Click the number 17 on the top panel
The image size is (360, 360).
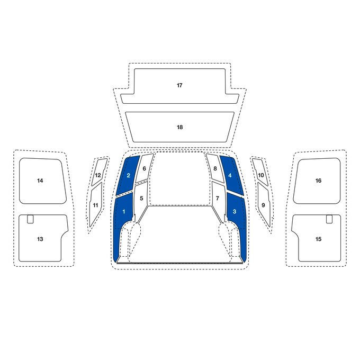coord(179,85)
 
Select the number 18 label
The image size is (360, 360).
coord(180,127)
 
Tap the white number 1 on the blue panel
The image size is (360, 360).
coord(124,211)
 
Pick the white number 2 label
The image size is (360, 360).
coord(128,175)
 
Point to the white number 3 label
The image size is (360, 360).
coord(235,211)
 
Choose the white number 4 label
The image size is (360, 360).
coord(230,175)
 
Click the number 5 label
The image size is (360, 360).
coord(141,198)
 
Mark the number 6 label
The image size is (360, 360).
coord(144,168)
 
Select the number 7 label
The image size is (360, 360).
coord(218,198)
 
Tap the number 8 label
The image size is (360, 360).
coord(215,168)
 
